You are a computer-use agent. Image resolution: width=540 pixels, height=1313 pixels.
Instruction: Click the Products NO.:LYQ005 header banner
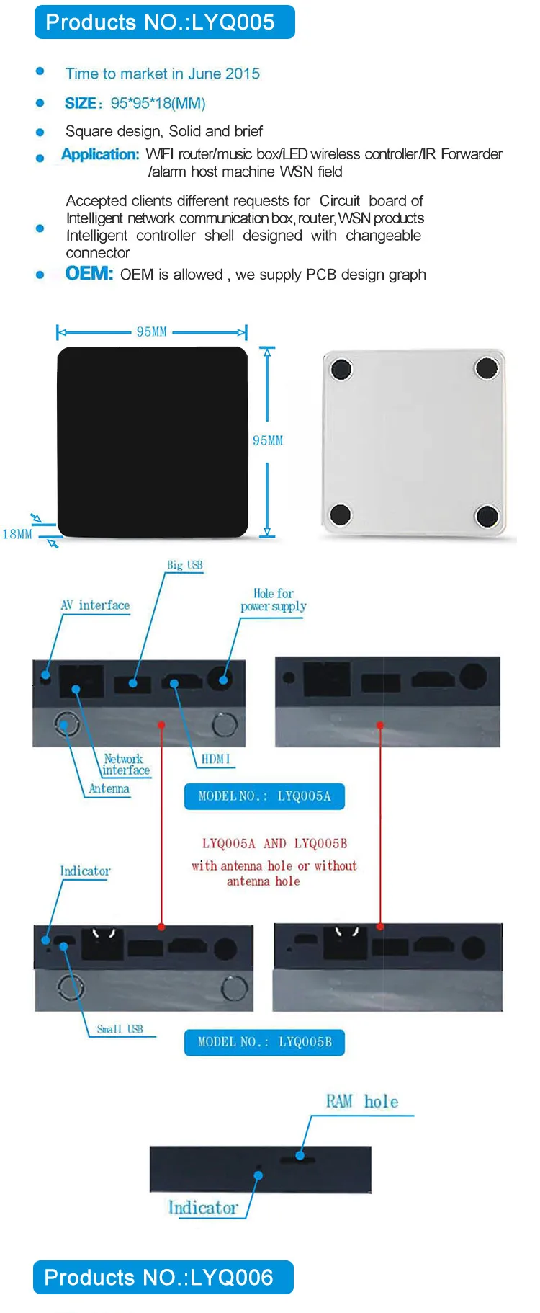point(164,22)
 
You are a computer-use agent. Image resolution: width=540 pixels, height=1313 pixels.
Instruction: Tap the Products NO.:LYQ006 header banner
point(163,1277)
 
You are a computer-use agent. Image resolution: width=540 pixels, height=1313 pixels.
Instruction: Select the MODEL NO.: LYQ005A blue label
point(264,796)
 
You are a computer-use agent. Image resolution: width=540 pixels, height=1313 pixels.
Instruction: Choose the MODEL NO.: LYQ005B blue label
point(264,1042)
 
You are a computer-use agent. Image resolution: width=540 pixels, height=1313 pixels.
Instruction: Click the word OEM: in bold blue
point(89,274)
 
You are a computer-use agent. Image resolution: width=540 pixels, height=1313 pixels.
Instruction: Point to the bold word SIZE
point(80,103)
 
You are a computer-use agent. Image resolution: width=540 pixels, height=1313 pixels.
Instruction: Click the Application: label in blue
point(100,154)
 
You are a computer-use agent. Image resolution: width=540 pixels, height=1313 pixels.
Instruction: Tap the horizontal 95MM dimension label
point(152,331)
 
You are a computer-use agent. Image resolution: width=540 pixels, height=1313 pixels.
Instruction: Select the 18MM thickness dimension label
point(17,534)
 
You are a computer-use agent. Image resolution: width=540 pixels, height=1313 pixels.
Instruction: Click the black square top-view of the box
point(153,442)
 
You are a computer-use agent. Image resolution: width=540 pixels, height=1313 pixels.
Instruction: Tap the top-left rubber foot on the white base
point(341,370)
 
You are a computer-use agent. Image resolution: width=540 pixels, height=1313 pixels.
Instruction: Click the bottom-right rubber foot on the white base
point(487,516)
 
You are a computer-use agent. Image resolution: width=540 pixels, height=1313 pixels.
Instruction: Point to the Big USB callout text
point(185,565)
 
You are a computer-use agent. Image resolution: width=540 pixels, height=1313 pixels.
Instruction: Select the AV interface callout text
point(95,605)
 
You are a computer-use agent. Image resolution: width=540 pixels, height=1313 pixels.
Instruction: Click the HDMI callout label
point(215,759)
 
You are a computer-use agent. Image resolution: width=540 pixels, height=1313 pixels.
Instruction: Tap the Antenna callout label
point(109,788)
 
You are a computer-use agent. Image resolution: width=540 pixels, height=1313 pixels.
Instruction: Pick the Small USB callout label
point(120,1028)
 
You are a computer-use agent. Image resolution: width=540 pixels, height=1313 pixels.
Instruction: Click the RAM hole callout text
point(362,1102)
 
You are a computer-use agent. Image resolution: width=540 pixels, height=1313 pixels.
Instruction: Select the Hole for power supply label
point(274,600)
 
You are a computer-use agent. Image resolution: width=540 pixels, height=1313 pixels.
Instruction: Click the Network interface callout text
point(125,765)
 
